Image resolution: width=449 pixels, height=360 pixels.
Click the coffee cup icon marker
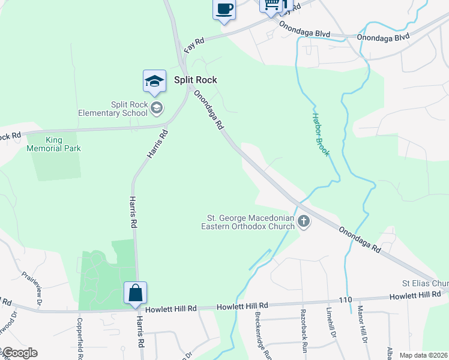click(224, 9)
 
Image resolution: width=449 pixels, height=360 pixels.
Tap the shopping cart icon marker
click(271, 5)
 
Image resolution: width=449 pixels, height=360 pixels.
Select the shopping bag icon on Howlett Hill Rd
click(136, 293)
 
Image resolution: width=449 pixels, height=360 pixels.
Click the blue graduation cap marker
click(154, 81)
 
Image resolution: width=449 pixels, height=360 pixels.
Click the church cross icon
click(304, 222)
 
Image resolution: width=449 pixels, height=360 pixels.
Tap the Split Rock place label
click(195, 80)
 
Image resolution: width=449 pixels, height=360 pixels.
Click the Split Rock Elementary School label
click(113, 108)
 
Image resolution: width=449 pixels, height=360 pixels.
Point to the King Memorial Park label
click(53, 144)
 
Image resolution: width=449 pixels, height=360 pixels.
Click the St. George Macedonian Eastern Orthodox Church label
click(250, 222)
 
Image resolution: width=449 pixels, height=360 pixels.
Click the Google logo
click(19, 353)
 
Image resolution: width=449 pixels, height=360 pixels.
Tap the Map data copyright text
click(423, 355)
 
